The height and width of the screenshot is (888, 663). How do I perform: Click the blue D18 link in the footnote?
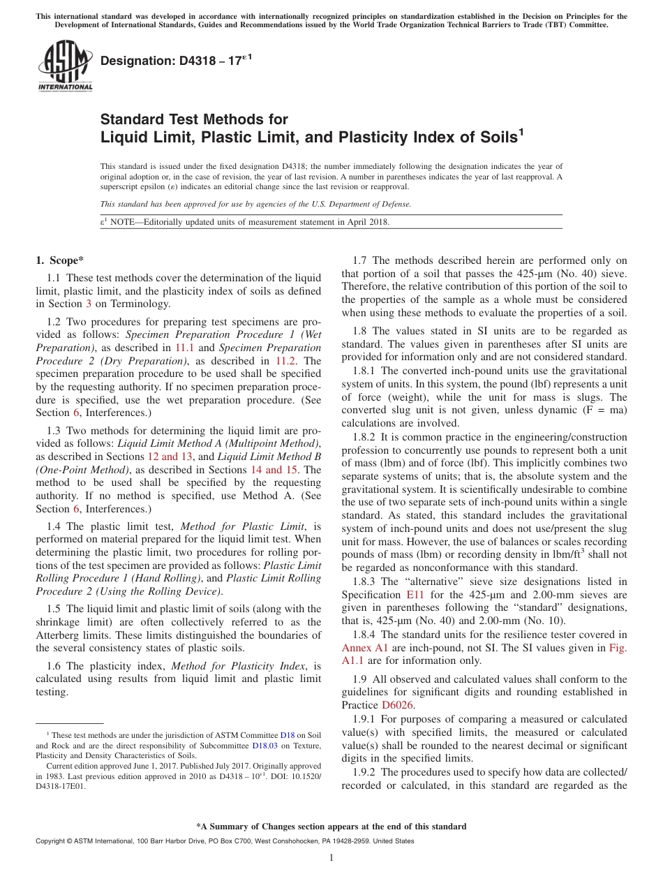288,735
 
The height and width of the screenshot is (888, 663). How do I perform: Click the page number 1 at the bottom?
331,858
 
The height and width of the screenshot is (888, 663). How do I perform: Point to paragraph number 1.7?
362,260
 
